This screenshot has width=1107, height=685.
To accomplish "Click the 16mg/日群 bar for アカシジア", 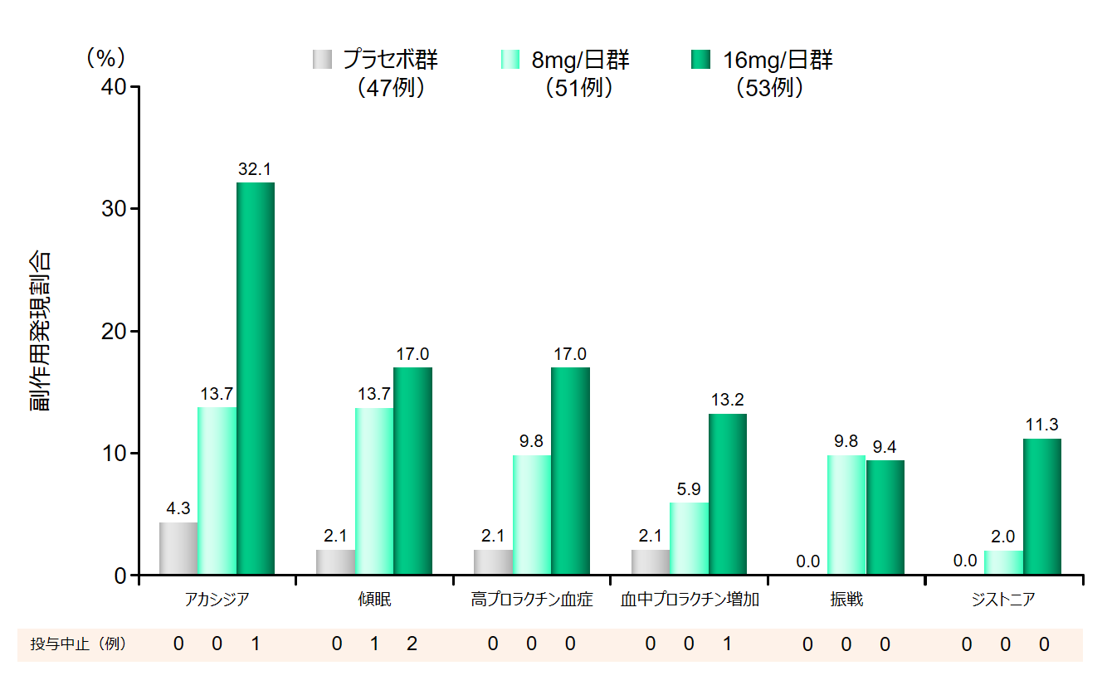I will pos(256,378).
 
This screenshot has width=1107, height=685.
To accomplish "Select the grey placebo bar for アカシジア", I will pos(178,548).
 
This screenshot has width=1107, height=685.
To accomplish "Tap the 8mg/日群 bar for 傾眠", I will pos(374,491).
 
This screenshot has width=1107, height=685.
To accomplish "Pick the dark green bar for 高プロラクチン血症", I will pos(570,470).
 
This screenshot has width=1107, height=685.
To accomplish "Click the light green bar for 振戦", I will pos(846,514).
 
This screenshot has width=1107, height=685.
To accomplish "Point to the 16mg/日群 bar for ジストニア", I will pos(1042,506).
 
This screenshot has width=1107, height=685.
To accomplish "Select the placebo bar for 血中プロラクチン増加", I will pos(651,561).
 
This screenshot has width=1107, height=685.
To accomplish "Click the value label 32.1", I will pos(255,169).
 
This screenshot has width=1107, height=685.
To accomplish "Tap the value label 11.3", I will pos(1041,425).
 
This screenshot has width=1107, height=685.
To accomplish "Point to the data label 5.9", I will pos(689,489).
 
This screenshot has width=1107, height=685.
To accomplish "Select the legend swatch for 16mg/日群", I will pos(702,60).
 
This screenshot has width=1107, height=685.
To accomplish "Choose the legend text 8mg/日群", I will pos(580,60).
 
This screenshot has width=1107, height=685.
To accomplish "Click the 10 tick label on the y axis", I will pos(116,454).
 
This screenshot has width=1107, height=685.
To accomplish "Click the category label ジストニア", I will pos(1003,600).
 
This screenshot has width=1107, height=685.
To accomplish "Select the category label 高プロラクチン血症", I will pos(532,600).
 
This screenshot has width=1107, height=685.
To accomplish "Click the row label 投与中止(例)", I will pos(78,644).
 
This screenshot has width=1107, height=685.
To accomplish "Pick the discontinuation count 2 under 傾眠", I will pos(412,644).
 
